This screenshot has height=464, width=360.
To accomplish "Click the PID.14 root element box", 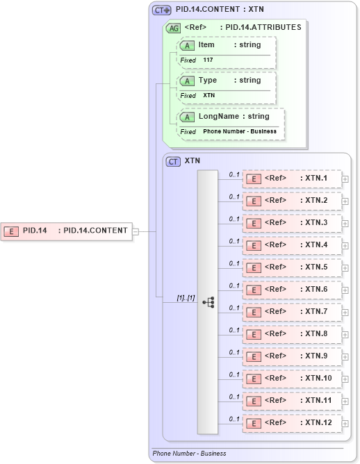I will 67,231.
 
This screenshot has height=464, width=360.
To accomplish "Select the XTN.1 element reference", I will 292,179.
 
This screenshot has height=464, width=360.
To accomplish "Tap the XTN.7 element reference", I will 292,312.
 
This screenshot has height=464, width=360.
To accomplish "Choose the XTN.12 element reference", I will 292,423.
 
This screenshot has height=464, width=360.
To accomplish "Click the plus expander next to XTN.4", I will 345,246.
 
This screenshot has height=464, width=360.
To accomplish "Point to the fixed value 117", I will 208,60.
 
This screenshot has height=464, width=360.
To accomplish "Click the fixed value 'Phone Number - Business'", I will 240,131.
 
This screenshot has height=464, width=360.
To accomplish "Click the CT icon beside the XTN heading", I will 174,160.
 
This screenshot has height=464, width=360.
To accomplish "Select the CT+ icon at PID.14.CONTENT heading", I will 162,10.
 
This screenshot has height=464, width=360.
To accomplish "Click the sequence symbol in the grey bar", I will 208,302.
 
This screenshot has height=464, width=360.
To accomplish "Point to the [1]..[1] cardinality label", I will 186,297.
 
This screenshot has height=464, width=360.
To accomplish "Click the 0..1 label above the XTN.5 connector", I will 234,263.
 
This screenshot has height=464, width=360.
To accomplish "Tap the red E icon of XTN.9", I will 254,357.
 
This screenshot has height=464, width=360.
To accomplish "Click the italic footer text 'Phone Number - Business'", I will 189,454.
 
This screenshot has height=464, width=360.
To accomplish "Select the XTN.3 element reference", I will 292,223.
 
